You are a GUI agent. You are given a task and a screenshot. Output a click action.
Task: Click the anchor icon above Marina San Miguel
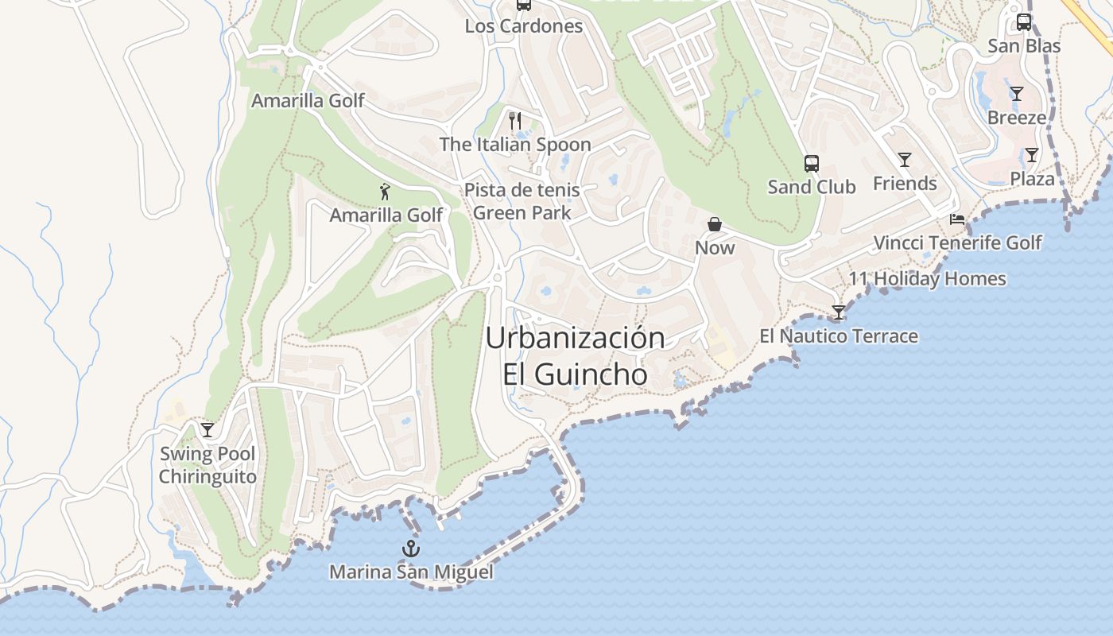click(x=411, y=548)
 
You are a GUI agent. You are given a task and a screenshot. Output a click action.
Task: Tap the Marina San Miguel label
click(x=411, y=572)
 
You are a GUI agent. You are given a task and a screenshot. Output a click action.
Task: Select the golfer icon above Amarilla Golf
click(x=386, y=192)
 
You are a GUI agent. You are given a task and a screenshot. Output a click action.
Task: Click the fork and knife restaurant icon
click(x=515, y=121)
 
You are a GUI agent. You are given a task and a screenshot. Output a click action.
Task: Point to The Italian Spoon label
click(x=515, y=145)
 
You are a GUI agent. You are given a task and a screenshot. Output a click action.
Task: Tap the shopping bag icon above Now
click(x=715, y=224)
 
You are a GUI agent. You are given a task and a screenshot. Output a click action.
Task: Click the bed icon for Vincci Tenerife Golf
click(x=957, y=219)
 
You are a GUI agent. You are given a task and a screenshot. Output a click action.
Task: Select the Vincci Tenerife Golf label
click(x=957, y=242)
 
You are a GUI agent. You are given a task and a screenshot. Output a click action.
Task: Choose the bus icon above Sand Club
click(x=811, y=164)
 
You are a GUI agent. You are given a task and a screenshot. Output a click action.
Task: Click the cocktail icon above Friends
click(x=905, y=160)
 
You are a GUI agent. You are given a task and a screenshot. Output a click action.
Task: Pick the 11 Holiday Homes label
click(x=927, y=279)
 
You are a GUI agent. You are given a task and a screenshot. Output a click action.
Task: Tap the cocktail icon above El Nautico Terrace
click(x=838, y=312)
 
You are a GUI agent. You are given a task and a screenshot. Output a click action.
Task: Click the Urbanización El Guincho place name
click(x=575, y=355)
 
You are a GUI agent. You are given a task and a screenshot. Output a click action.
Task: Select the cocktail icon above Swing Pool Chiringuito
click(x=207, y=430)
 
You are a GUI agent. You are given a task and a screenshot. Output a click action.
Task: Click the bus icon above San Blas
click(x=1024, y=22)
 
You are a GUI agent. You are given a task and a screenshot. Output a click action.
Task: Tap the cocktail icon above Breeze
click(x=1017, y=94)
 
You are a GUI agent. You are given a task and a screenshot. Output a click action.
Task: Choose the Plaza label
click(x=1032, y=179)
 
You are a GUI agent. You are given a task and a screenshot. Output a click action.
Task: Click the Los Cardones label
click(x=524, y=26)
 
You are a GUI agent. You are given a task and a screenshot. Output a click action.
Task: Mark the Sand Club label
click(x=811, y=187)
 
